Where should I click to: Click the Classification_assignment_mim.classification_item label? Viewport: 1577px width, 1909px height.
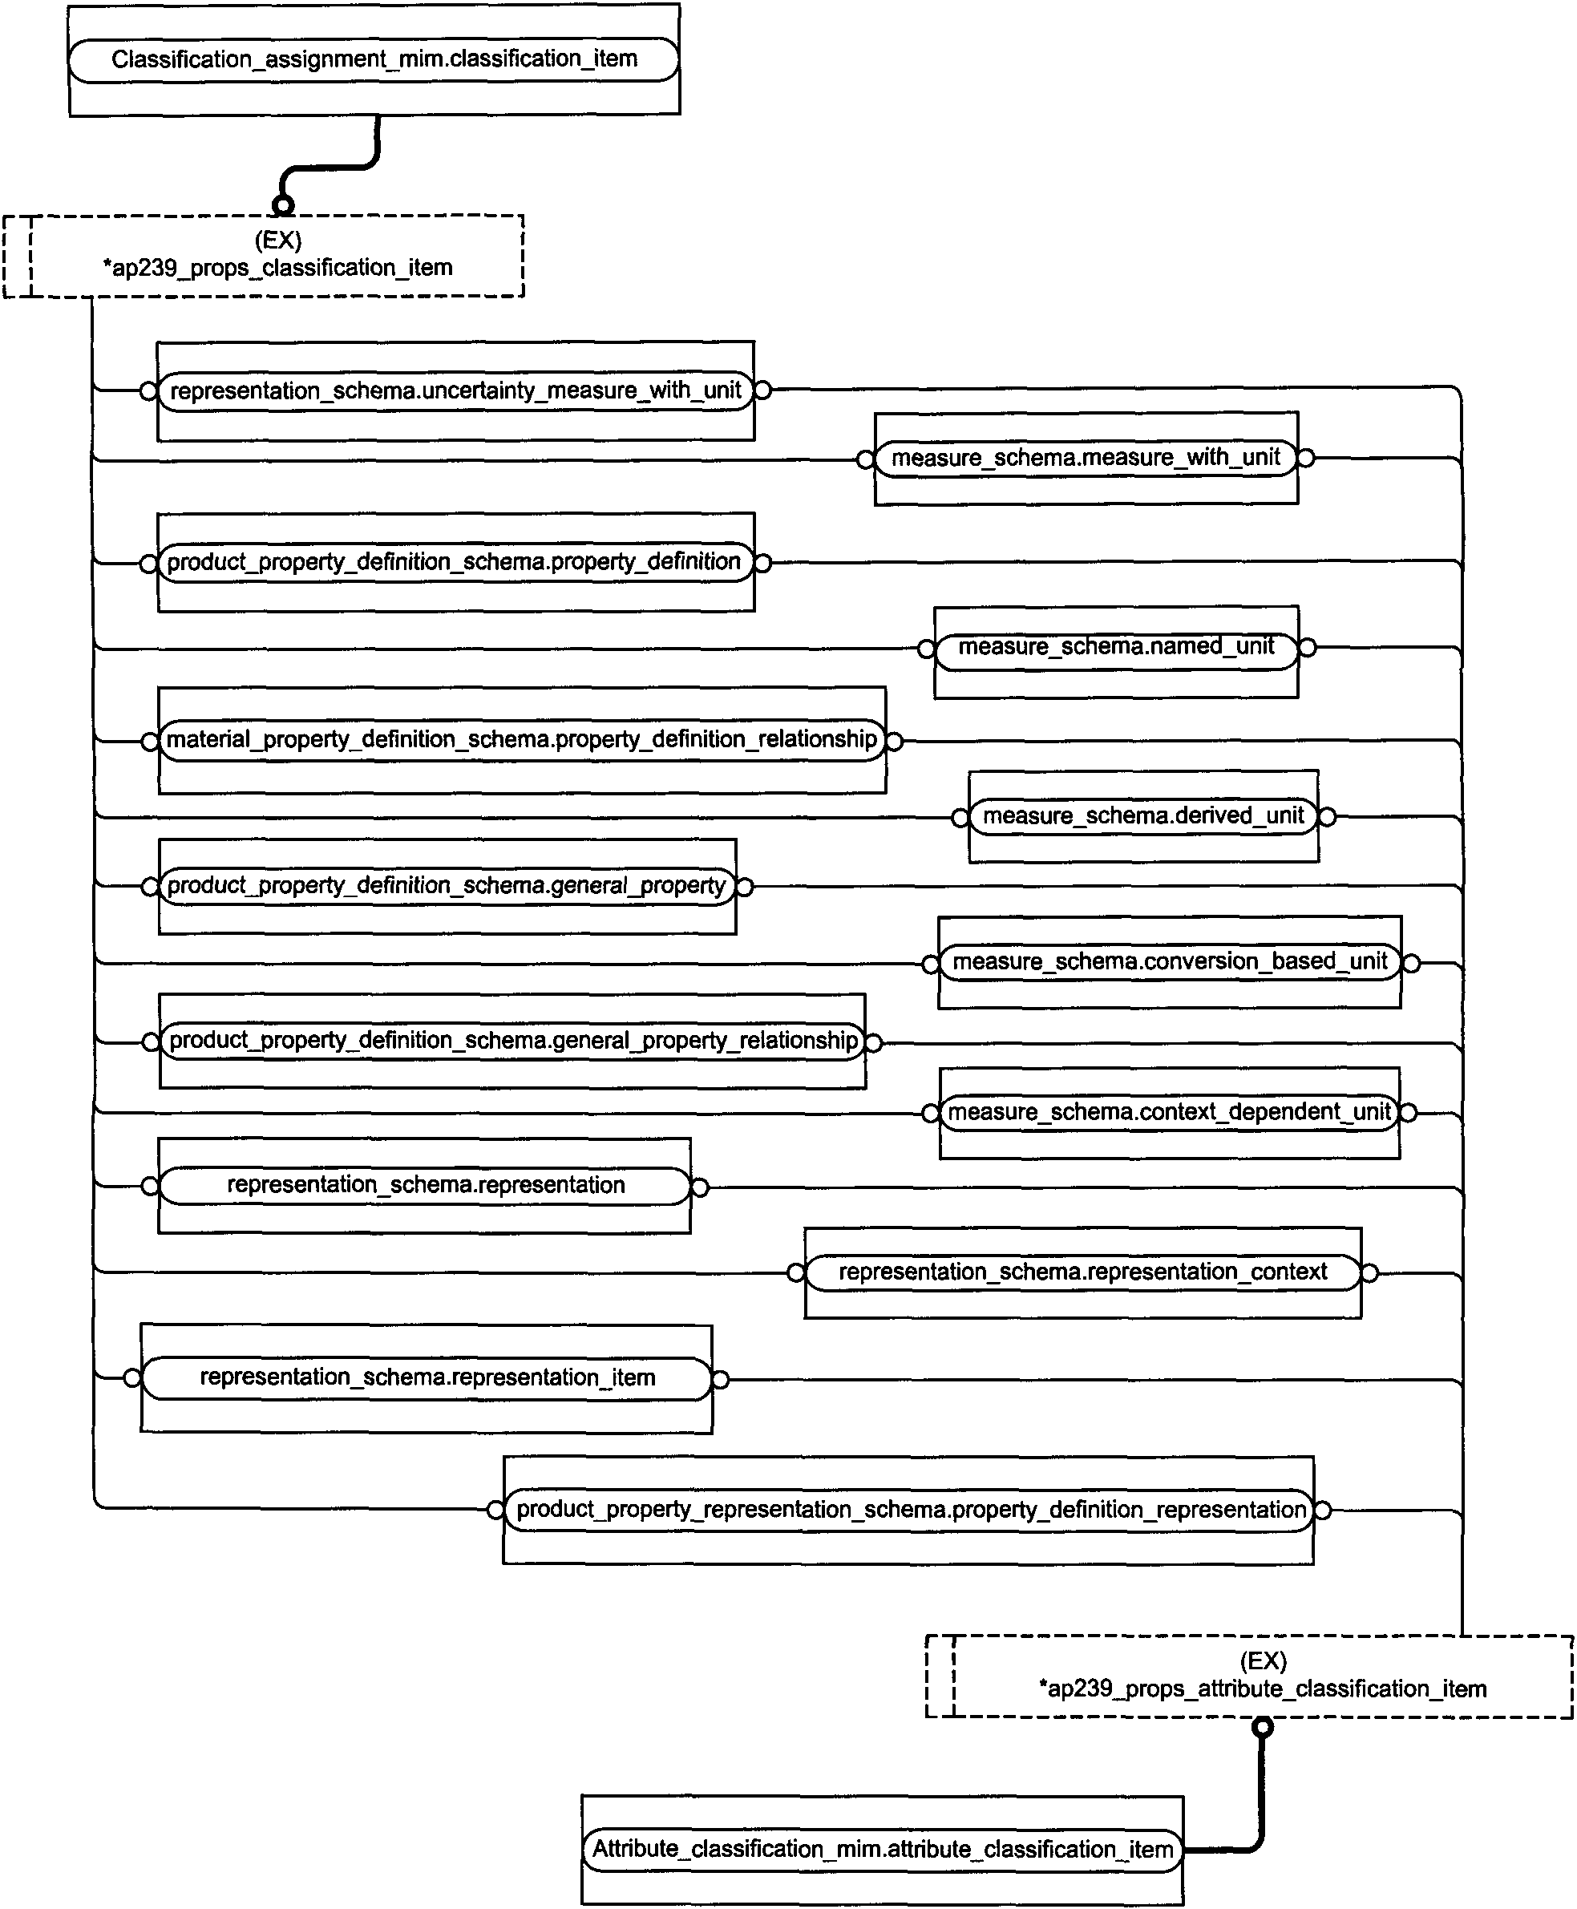click(x=374, y=59)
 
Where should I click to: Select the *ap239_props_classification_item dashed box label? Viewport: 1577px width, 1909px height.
click(x=278, y=268)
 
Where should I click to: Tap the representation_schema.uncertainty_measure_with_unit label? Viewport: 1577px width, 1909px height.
click(x=456, y=390)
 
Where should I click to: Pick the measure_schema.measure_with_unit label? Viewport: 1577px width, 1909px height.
click(x=1086, y=457)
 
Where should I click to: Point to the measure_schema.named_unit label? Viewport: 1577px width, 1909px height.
click(x=1117, y=646)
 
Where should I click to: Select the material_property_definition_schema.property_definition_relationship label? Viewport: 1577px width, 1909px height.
click(x=521, y=738)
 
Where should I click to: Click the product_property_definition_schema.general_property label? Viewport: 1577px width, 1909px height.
click(x=447, y=885)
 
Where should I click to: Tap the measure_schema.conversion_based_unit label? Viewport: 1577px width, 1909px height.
click(x=1170, y=961)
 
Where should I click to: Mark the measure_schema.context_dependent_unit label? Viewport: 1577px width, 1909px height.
click(x=1169, y=1111)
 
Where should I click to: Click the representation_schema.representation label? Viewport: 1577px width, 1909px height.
click(x=426, y=1185)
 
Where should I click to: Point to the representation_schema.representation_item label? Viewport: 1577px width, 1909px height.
click(x=427, y=1377)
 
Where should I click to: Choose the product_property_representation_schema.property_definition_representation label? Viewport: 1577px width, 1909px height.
click(x=911, y=1509)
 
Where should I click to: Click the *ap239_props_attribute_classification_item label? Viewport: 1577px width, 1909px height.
click(x=1263, y=1689)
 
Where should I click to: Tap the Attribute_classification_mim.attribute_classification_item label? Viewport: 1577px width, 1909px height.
click(x=883, y=1849)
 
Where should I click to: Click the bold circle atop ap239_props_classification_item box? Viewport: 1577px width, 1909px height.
click(x=284, y=205)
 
